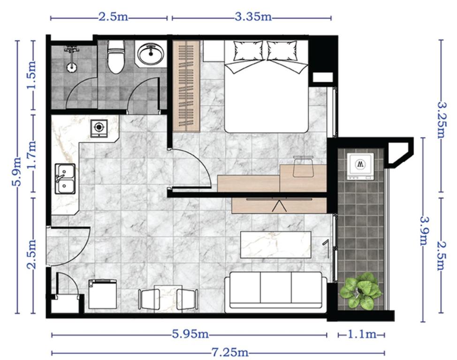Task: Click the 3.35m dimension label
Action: click(253, 18)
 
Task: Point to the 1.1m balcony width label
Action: click(361, 335)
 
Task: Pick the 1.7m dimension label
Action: click(33, 153)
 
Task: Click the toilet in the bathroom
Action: click(115, 57)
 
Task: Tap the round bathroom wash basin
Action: click(151, 53)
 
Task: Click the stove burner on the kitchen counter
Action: click(99, 127)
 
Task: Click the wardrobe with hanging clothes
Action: click(186, 86)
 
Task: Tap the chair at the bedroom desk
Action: click(303, 167)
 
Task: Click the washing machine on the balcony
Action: click(360, 166)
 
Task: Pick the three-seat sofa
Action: click(276, 292)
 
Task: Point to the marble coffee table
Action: click(275, 245)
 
